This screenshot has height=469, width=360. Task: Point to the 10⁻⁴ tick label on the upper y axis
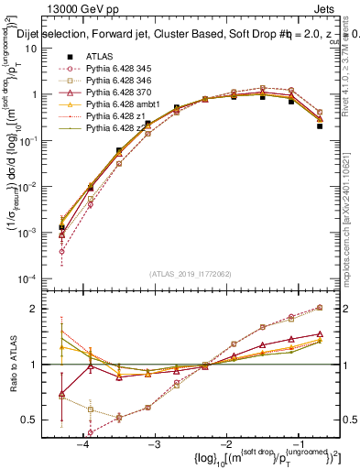coord(40,278)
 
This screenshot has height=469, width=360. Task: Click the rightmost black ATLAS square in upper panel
coord(320,125)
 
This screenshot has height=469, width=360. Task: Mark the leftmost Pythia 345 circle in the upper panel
coord(61,251)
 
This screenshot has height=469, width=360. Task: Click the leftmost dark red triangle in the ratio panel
coord(61,395)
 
